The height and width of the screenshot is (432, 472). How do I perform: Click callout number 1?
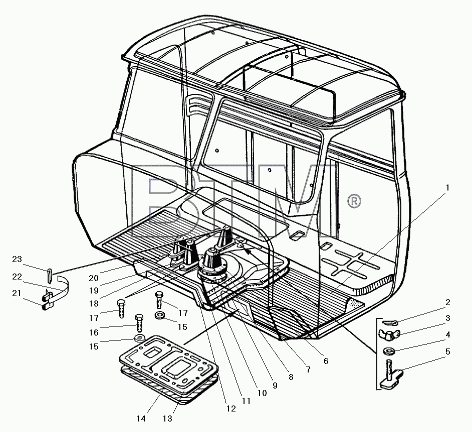tap(447, 188)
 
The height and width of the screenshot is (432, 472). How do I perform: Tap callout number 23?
tap(17, 259)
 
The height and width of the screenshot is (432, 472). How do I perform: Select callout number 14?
tap(141, 418)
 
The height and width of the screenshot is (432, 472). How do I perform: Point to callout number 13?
tap(167, 418)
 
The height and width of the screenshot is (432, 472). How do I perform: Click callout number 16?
tap(94, 332)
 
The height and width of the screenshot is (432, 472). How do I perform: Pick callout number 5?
tap(448, 351)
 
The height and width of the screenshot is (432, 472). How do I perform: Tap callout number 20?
tap(94, 278)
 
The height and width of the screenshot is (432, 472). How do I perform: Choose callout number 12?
tap(231, 408)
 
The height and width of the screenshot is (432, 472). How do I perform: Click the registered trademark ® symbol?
tap(354, 201)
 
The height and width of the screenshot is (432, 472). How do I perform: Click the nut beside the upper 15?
tap(159, 315)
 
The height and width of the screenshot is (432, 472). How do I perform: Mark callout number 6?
tap(326, 361)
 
